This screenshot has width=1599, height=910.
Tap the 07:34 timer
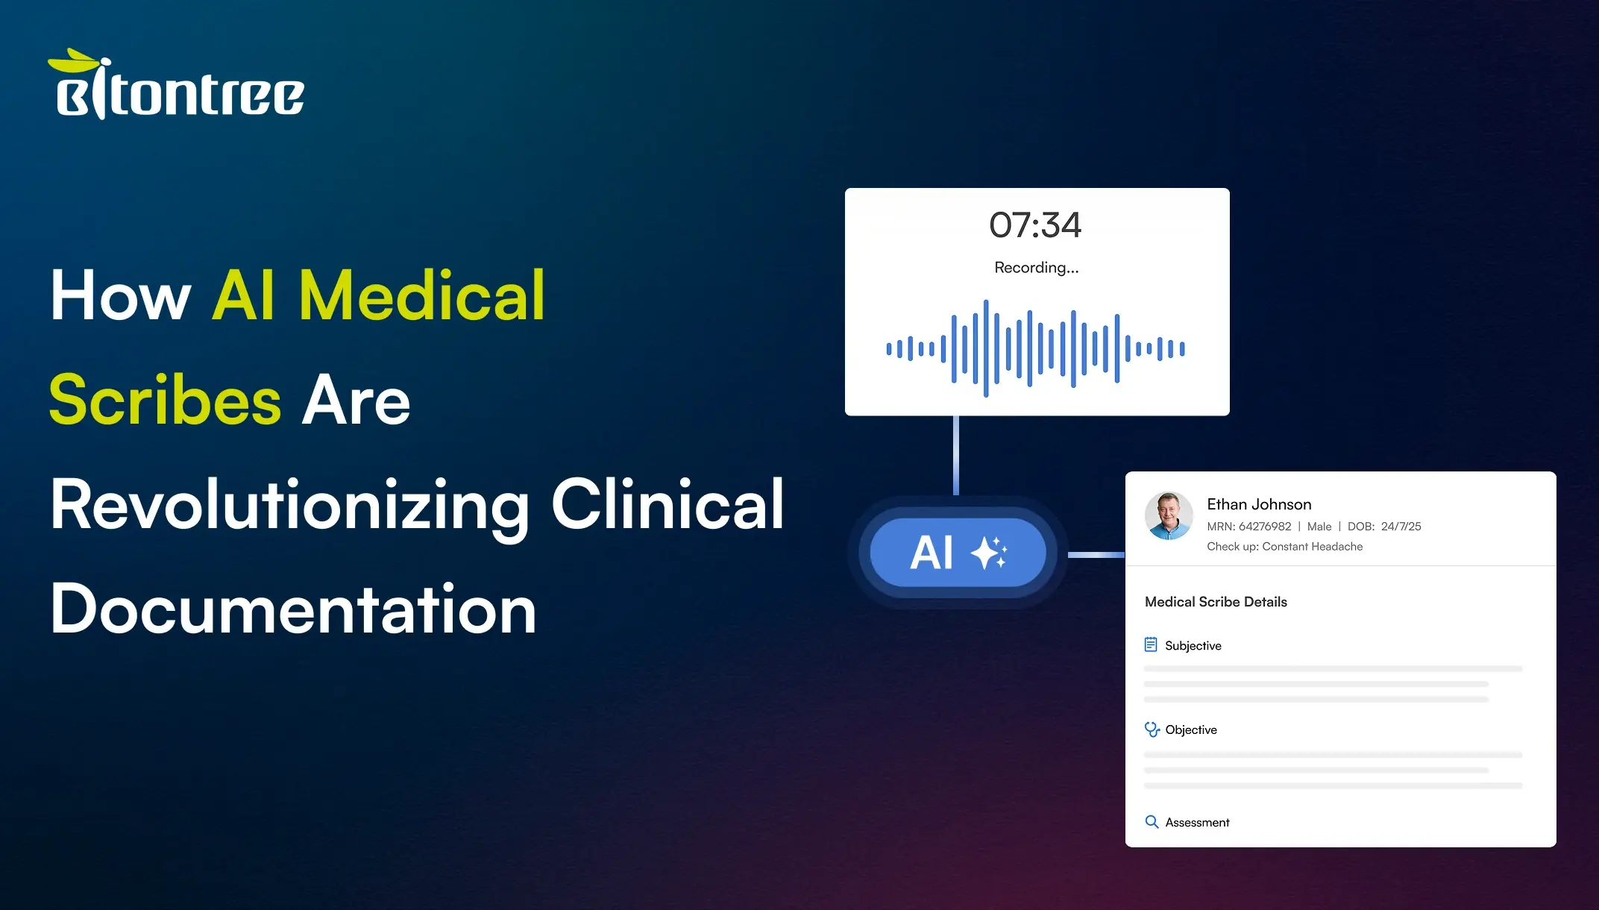click(x=1035, y=225)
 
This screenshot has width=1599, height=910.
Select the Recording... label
click(x=1036, y=268)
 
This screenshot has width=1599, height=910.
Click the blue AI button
click(x=958, y=553)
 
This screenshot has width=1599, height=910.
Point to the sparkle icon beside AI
click(x=989, y=553)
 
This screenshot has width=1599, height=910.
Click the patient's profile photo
click(x=1169, y=515)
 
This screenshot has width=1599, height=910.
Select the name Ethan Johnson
click(x=1259, y=504)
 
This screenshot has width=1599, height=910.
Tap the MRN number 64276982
click(x=1265, y=527)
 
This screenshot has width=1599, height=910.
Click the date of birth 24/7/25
click(x=1401, y=527)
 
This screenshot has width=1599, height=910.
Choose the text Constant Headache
click(x=1312, y=547)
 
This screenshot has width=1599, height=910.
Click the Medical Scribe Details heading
click(x=1216, y=602)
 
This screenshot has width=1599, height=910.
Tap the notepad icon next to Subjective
click(x=1151, y=644)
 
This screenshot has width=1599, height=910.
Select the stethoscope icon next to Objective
click(x=1152, y=729)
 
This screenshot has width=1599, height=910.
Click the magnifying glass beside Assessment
click(x=1152, y=822)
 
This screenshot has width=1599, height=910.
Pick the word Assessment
click(x=1197, y=823)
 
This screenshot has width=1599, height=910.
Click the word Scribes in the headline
click(x=166, y=401)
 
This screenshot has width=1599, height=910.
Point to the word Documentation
click(x=293, y=609)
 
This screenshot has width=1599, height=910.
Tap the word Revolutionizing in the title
click(x=290, y=506)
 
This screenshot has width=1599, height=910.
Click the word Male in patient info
click(x=1319, y=527)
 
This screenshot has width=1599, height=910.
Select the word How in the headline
click(x=121, y=296)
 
